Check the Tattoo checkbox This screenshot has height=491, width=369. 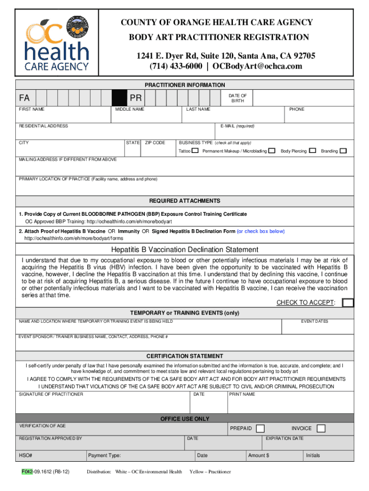195,151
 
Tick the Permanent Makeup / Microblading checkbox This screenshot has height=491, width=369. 272,151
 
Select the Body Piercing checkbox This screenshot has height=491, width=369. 312,151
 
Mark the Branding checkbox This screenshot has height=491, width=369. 343,151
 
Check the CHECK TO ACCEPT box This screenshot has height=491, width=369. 348,302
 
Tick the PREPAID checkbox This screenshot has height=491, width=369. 260,428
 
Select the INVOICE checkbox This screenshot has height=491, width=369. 321,428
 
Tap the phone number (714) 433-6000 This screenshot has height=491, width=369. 175,66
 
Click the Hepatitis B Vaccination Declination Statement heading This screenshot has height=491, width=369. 185,249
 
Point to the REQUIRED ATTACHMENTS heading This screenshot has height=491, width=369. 185,201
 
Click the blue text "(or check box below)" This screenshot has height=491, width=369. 261,231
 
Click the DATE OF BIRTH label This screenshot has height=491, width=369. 238,98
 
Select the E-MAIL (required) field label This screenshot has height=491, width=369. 237,126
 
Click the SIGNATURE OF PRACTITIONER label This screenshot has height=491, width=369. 51,394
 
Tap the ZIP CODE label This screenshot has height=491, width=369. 155,143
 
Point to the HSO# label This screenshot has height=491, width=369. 25,456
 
